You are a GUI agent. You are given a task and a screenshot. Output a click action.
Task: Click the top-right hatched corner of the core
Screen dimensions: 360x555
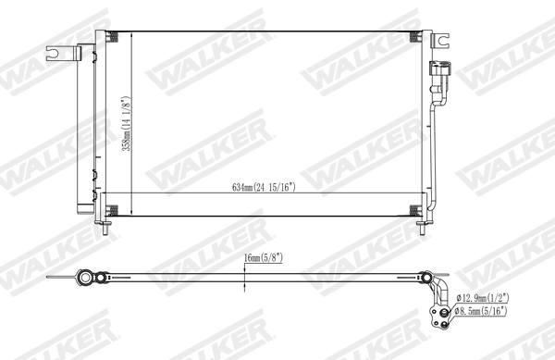[417, 37]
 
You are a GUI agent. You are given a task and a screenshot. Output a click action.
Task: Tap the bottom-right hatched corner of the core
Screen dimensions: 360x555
[417, 209]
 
